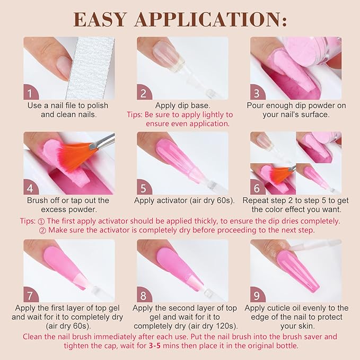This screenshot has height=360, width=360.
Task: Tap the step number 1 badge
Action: click(31, 93)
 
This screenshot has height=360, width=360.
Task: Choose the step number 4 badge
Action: click(31, 187)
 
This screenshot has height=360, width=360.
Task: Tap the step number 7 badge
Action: click(31, 295)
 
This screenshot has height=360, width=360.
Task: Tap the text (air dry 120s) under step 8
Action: click(210, 326)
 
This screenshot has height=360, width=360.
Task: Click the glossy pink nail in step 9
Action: click(297, 268)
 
